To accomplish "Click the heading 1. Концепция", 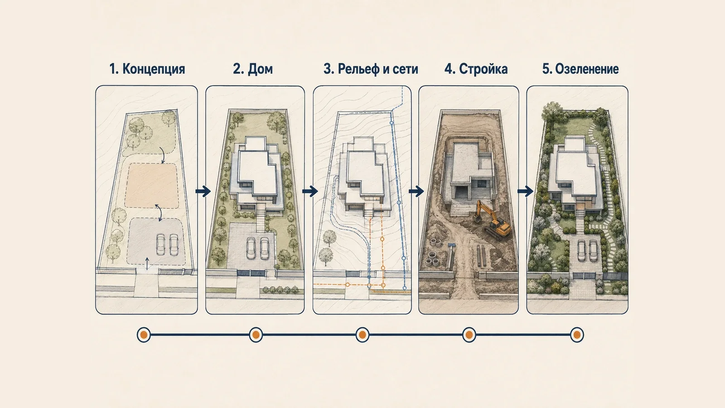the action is coord(147,69).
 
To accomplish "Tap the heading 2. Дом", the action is coord(253,69).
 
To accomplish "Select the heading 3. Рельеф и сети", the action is coord(371,69).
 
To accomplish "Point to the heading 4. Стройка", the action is coord(476,69).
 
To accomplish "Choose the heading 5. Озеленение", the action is coord(580,69).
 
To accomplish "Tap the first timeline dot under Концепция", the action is coord(144,335).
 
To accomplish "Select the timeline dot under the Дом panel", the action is coord(256,335).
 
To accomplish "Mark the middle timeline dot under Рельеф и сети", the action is coord(362,335).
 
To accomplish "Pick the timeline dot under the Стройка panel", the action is coord(469,335).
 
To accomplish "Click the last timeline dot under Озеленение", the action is coord(577,335).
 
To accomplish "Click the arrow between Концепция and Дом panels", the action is coord(203,191).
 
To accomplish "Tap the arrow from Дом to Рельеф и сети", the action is coord(310,191).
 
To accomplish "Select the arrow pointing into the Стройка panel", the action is coord(416,191).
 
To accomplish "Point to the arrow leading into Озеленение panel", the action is coord(525,191).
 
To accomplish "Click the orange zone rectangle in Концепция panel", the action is coord(152,185).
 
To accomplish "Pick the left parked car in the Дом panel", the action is coord(251,248).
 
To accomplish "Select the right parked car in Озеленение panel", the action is coord(593,251).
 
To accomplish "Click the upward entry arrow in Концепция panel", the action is coord(147,263).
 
